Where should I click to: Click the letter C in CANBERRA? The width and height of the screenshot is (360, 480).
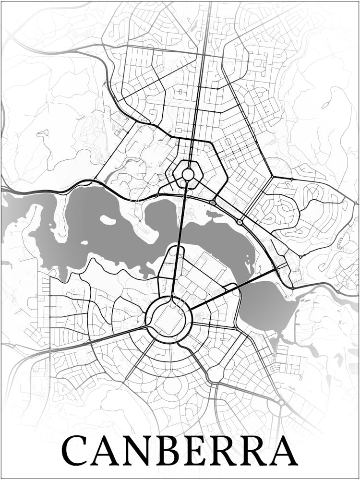77,451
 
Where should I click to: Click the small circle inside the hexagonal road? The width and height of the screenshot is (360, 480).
188,174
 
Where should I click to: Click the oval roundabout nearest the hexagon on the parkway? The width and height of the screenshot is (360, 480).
213,203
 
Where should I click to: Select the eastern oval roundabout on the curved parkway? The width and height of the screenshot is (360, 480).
239,222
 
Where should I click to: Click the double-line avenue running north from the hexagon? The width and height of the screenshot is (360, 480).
198,96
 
